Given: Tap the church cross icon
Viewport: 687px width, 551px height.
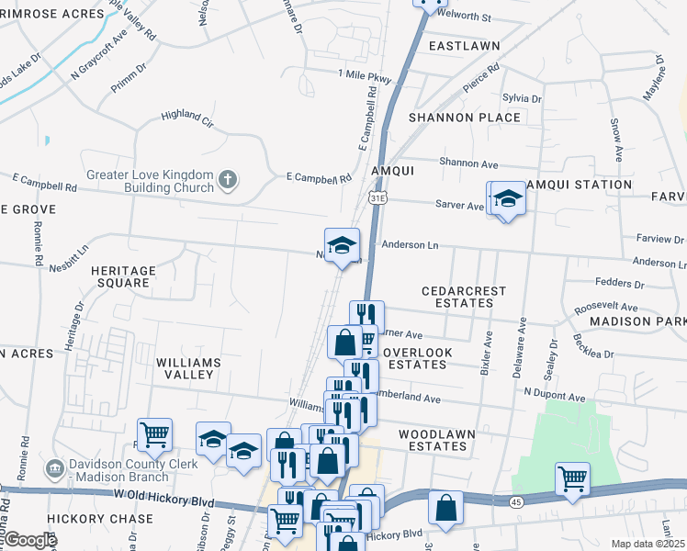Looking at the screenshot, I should (228, 179).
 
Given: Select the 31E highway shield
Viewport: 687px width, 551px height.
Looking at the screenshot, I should (377, 197).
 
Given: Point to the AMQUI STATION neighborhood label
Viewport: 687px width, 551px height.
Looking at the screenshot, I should (578, 185).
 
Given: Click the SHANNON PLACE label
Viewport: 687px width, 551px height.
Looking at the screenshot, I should (465, 118).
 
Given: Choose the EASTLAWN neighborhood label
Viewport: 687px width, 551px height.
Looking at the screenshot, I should (464, 45).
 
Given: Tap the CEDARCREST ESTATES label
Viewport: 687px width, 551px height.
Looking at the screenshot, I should (464, 297).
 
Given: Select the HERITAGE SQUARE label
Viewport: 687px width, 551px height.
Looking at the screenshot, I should (123, 276).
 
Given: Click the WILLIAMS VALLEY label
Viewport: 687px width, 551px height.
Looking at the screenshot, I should (188, 369).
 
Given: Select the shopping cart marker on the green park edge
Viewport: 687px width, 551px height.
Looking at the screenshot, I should (572, 478).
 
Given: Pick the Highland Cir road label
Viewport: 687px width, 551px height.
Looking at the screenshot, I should (186, 116).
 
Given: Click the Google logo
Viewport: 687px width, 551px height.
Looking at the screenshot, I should (30, 540).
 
